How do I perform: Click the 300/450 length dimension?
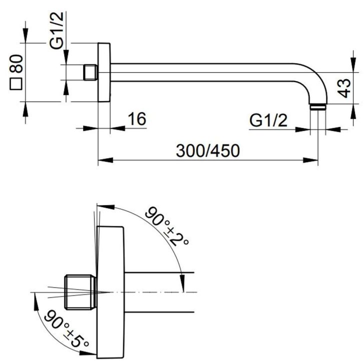pos(208,151)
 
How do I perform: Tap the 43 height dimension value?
pos(344,88)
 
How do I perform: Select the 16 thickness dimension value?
pos(137,119)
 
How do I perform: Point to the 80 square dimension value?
pos(16,64)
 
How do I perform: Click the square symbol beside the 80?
pos(16,84)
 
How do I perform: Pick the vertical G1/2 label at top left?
pos(57,30)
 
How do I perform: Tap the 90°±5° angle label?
pos(67,328)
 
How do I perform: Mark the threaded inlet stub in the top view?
pos(90,72)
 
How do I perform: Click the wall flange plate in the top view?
pos(104,72)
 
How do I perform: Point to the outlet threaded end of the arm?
pos(318,107)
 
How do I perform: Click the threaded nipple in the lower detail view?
pos(80,292)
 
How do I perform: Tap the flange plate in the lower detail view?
pos(111,292)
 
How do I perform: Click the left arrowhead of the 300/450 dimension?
pos(105,160)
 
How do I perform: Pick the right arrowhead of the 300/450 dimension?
pos(310,160)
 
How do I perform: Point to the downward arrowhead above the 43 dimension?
pos(353,65)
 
